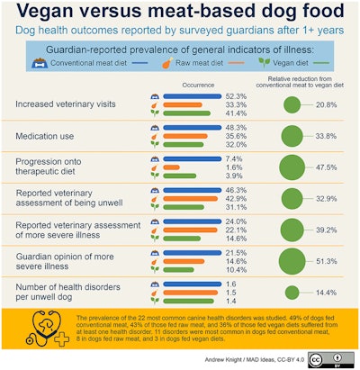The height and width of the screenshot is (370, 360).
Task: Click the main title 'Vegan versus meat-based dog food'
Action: [x=180, y=13]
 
